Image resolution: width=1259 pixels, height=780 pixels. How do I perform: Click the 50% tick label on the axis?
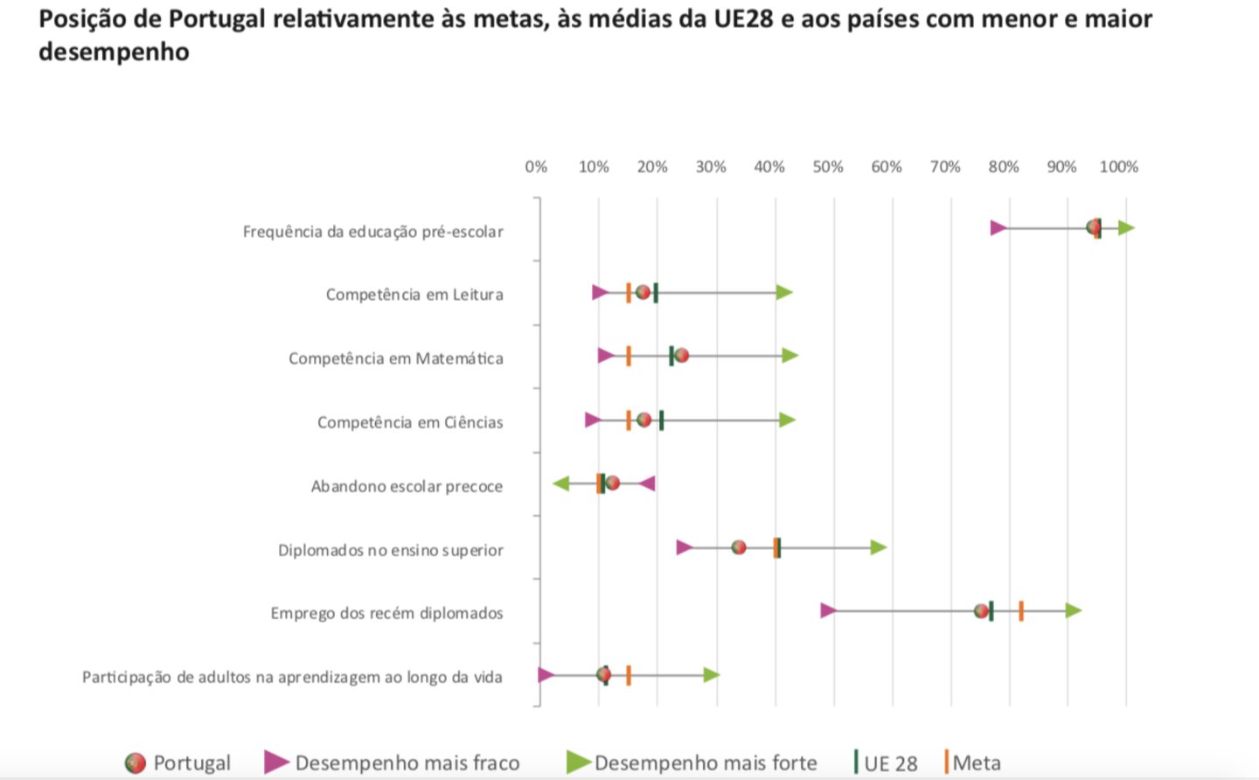827,167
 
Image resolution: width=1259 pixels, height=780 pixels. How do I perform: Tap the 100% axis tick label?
1118,167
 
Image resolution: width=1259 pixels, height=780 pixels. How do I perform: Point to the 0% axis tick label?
536,167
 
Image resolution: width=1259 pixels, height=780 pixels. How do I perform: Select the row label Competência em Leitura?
414,295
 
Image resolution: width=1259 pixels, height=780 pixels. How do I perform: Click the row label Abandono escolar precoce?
407,486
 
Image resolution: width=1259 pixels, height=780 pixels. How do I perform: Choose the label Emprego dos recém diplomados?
386,613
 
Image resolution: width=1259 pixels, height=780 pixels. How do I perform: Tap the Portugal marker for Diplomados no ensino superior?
739,547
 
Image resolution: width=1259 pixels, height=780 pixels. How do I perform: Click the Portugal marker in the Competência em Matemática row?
681,356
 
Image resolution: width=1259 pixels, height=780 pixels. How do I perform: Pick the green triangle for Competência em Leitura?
784,292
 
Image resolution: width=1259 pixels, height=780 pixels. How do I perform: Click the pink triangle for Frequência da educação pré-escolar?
998,228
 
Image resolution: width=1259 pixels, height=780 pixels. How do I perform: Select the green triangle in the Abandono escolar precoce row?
561,484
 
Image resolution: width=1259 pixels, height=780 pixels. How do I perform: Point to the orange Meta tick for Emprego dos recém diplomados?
1021,611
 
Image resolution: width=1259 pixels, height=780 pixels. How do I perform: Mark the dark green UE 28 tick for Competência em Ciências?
662,421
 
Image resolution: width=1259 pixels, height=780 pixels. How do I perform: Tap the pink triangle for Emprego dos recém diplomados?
829,610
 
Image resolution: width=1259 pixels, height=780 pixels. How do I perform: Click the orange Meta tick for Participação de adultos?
629,675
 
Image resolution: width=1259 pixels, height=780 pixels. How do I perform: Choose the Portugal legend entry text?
191,763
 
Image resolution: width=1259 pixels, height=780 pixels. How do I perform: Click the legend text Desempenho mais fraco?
407,763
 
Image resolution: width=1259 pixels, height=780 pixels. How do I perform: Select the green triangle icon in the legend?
579,762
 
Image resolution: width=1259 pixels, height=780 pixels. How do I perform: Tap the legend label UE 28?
890,763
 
